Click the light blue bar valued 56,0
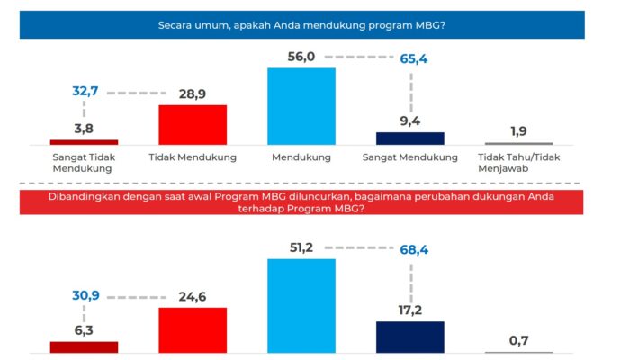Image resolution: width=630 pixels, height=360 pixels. click(301, 106)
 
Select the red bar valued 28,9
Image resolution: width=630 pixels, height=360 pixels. click(193, 124)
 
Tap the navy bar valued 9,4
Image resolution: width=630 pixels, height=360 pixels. click(409, 139)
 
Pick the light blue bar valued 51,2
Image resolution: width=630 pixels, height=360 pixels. click(301, 305)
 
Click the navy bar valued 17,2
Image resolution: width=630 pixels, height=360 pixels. click(409, 337)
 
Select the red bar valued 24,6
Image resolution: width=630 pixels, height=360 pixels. click(193, 329)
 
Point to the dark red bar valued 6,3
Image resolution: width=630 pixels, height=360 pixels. click(84, 346)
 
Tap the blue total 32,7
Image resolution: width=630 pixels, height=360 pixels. click(85, 92)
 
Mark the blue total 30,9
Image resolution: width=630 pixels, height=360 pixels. click(85, 294)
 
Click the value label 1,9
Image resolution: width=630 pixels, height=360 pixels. click(518, 130)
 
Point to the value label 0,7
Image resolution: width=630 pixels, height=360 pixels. click(518, 339)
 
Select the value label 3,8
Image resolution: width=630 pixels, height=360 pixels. click(85, 128)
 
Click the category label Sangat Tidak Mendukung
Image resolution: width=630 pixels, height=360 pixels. click(84, 163)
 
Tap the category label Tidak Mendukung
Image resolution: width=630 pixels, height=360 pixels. click(193, 157)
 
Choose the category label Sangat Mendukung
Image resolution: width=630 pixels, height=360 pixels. click(409, 157)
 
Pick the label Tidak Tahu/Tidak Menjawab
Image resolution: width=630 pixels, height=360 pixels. click(518, 163)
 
